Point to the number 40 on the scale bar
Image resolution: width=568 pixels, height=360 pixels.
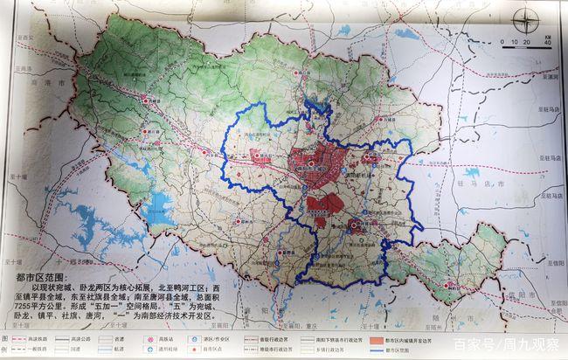(x=545, y=42)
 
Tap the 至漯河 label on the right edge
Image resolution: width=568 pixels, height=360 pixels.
(x=548, y=77)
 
